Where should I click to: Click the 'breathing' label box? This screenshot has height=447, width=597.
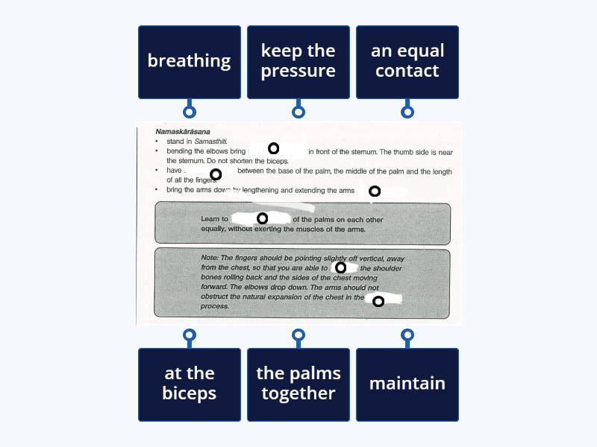pos(190,62)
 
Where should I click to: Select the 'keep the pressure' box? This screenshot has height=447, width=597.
pos(298,62)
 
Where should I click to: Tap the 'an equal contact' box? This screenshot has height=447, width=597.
pos(407,62)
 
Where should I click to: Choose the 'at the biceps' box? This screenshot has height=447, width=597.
pos(190,384)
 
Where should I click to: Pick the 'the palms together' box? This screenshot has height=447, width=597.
pos(298,384)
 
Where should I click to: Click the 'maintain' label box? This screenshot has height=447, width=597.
pos(407,384)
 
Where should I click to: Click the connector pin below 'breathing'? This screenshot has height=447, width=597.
pos(190,112)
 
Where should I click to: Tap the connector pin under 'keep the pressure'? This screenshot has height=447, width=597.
pos(298,112)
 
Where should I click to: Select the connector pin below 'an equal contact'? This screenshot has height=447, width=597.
pos(407,112)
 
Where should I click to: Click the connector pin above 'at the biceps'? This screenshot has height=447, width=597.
pos(190,335)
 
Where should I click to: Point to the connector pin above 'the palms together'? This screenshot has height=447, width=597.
pos(298,335)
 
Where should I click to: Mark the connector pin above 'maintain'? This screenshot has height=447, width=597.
pos(407,335)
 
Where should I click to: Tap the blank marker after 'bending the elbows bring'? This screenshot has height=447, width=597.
pos(274,148)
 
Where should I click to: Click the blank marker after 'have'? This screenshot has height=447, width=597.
pos(216,174)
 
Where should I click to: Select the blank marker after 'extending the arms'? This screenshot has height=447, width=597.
pos(375,191)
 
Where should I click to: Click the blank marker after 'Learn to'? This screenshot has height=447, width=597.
pos(262,218)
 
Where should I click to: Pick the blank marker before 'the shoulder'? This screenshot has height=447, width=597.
pos(340,267)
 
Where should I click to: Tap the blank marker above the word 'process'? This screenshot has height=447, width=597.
pos(378,301)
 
